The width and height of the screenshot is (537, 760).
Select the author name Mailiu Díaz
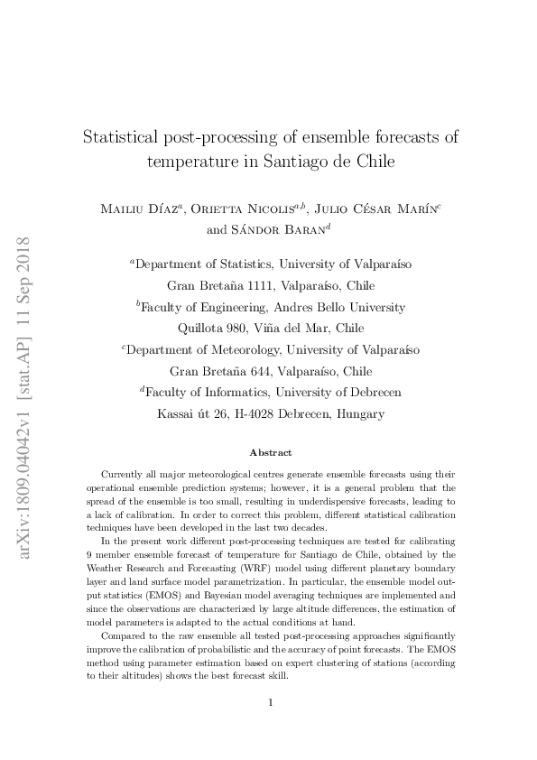pyautogui.click(x=142, y=209)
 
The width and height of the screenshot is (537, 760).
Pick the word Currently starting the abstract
pyautogui.click(x=126, y=474)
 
